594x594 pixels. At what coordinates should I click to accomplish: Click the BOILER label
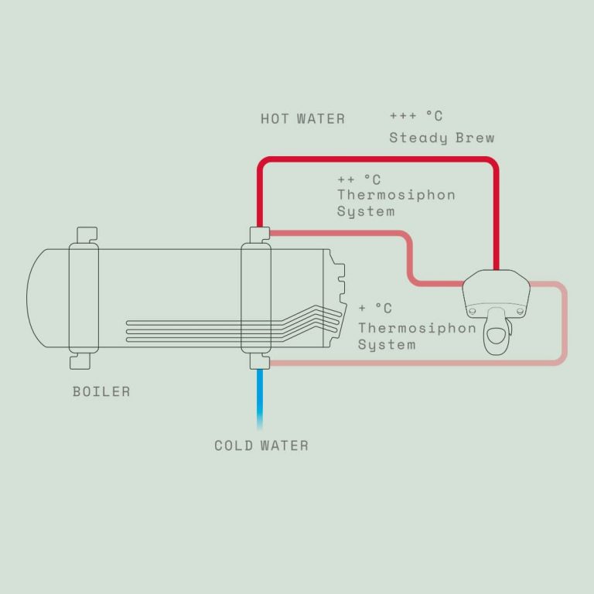[x=101, y=391]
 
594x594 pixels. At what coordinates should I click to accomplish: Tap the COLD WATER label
[x=261, y=445]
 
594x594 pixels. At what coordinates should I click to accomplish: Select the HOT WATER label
[x=302, y=119]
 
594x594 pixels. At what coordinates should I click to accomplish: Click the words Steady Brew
[x=442, y=138]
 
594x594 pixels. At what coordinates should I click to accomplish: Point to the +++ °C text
[x=416, y=116]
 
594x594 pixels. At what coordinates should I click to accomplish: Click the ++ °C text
[x=359, y=179]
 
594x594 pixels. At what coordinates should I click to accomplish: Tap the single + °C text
[x=375, y=308]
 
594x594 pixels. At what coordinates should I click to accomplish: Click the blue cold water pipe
[x=260, y=400]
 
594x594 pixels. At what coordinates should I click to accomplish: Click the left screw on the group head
[x=472, y=312]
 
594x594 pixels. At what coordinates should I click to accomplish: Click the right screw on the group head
[x=520, y=312]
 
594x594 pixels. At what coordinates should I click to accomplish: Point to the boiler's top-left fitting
[x=87, y=235]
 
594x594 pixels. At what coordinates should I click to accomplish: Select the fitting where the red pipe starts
[x=260, y=235]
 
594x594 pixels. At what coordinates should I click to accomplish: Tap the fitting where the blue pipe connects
[x=260, y=361]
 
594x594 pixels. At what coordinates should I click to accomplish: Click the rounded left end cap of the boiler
[x=27, y=298]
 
